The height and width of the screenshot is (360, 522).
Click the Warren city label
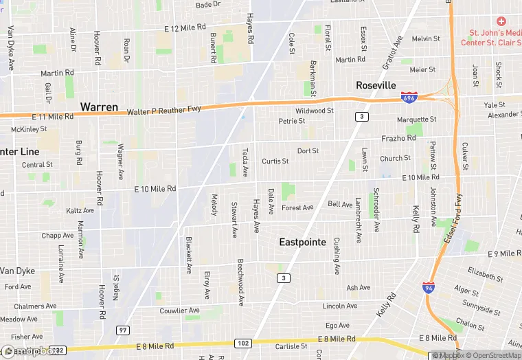(99, 107)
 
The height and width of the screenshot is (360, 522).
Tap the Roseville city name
(376, 85)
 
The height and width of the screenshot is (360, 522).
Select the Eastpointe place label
(306, 242)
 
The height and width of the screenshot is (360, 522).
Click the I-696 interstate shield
(409, 98)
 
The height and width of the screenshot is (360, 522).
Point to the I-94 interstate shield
(429, 287)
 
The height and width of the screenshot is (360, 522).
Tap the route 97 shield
(123, 330)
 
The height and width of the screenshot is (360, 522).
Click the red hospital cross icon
(501, 21)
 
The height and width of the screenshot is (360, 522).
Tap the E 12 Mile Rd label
(185, 27)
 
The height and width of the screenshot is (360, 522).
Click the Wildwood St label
(314, 111)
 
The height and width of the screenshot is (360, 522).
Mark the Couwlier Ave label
(179, 311)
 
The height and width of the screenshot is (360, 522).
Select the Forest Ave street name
(297, 207)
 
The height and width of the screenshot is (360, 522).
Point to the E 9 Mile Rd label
(504, 254)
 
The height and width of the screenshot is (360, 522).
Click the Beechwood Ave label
(240, 282)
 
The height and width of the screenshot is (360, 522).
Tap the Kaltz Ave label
(80, 210)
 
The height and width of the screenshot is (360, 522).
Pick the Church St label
(395, 158)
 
